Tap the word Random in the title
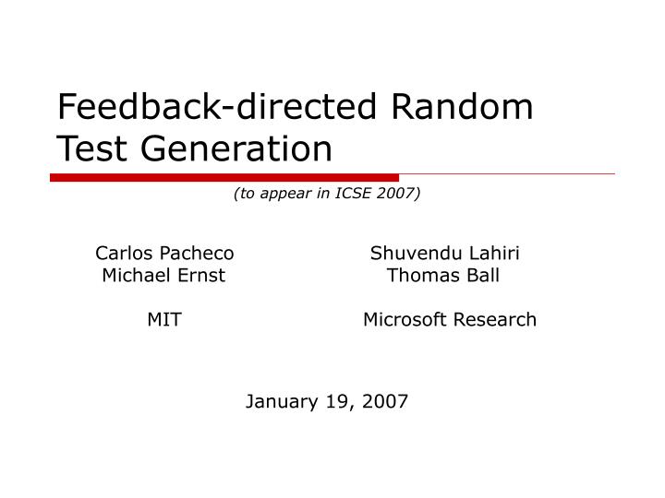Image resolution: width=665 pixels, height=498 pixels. click(x=464, y=107)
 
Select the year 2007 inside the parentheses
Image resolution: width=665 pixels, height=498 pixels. click(x=397, y=194)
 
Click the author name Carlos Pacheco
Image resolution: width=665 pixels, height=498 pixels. click(x=164, y=253)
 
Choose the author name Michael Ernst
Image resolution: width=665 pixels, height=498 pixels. click(x=164, y=275)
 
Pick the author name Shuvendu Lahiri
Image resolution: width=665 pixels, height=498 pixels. click(x=444, y=253)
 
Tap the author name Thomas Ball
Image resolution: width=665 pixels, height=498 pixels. click(x=444, y=275)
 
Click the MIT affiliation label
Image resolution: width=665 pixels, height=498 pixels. click(x=164, y=319)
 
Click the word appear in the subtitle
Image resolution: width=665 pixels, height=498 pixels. click(x=278, y=194)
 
